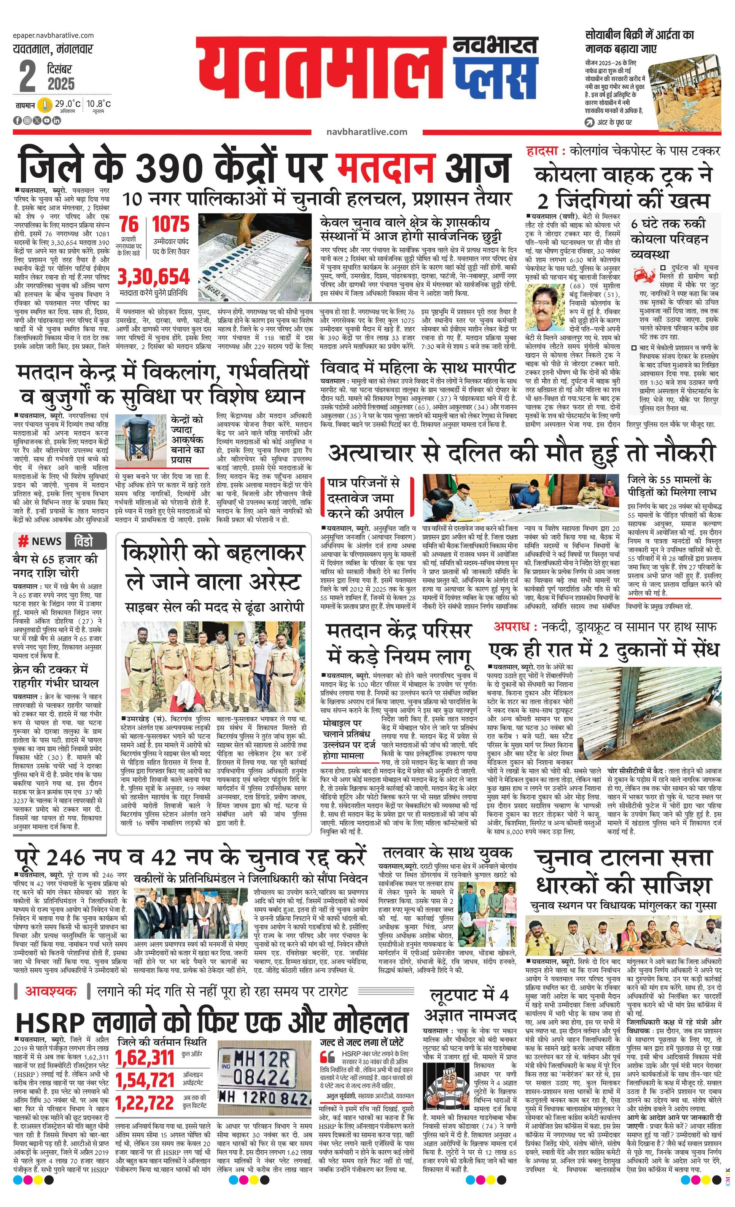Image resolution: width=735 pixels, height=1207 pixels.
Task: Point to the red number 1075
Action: tap(170, 225)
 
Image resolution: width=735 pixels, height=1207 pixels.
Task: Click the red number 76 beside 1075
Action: tap(129, 225)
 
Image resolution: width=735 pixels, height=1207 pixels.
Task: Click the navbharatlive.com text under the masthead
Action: tap(366, 132)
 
